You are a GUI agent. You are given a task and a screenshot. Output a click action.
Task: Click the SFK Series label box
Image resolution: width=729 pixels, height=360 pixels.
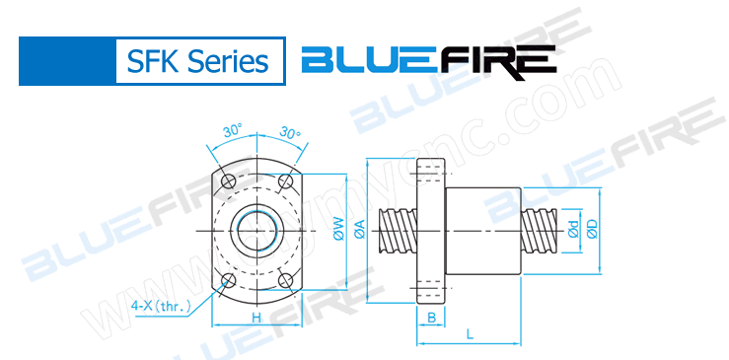[197, 60]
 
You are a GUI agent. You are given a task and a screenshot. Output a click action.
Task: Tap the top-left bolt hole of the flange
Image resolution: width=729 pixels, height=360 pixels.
[229, 180]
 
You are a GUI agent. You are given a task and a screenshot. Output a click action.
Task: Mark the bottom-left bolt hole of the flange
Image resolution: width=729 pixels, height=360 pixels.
[229, 280]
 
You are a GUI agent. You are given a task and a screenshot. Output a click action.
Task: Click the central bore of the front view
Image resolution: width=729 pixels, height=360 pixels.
[257, 230]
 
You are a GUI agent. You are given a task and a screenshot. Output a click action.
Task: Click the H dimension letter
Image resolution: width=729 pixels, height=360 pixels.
[255, 317]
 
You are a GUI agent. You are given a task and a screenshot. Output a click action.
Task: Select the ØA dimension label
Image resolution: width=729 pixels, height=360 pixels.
[360, 231]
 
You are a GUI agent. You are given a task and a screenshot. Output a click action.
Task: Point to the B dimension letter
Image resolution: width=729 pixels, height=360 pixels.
[432, 317]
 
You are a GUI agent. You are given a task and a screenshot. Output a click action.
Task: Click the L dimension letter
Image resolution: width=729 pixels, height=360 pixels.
[470, 335]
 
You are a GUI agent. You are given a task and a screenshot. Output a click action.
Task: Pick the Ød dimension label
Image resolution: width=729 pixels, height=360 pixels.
[568, 229]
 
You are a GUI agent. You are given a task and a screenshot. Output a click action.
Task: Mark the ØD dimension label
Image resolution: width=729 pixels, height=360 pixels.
[592, 229]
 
